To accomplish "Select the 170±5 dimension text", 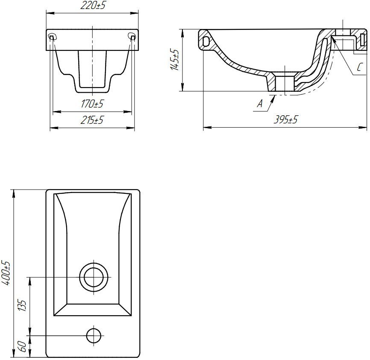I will tap(92, 104).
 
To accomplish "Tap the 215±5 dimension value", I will tap(92, 120).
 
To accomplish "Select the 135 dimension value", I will tap(23, 306).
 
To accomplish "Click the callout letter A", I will tap(259, 103).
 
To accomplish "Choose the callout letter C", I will tap(359, 67).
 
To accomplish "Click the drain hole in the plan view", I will tap(94, 277).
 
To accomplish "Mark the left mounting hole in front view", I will tap(52, 37).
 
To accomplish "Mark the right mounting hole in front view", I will tap(132, 37).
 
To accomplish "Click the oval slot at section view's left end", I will tap(206, 41).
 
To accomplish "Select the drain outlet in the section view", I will tap(284, 82).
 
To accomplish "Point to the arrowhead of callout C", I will tap(332, 41).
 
